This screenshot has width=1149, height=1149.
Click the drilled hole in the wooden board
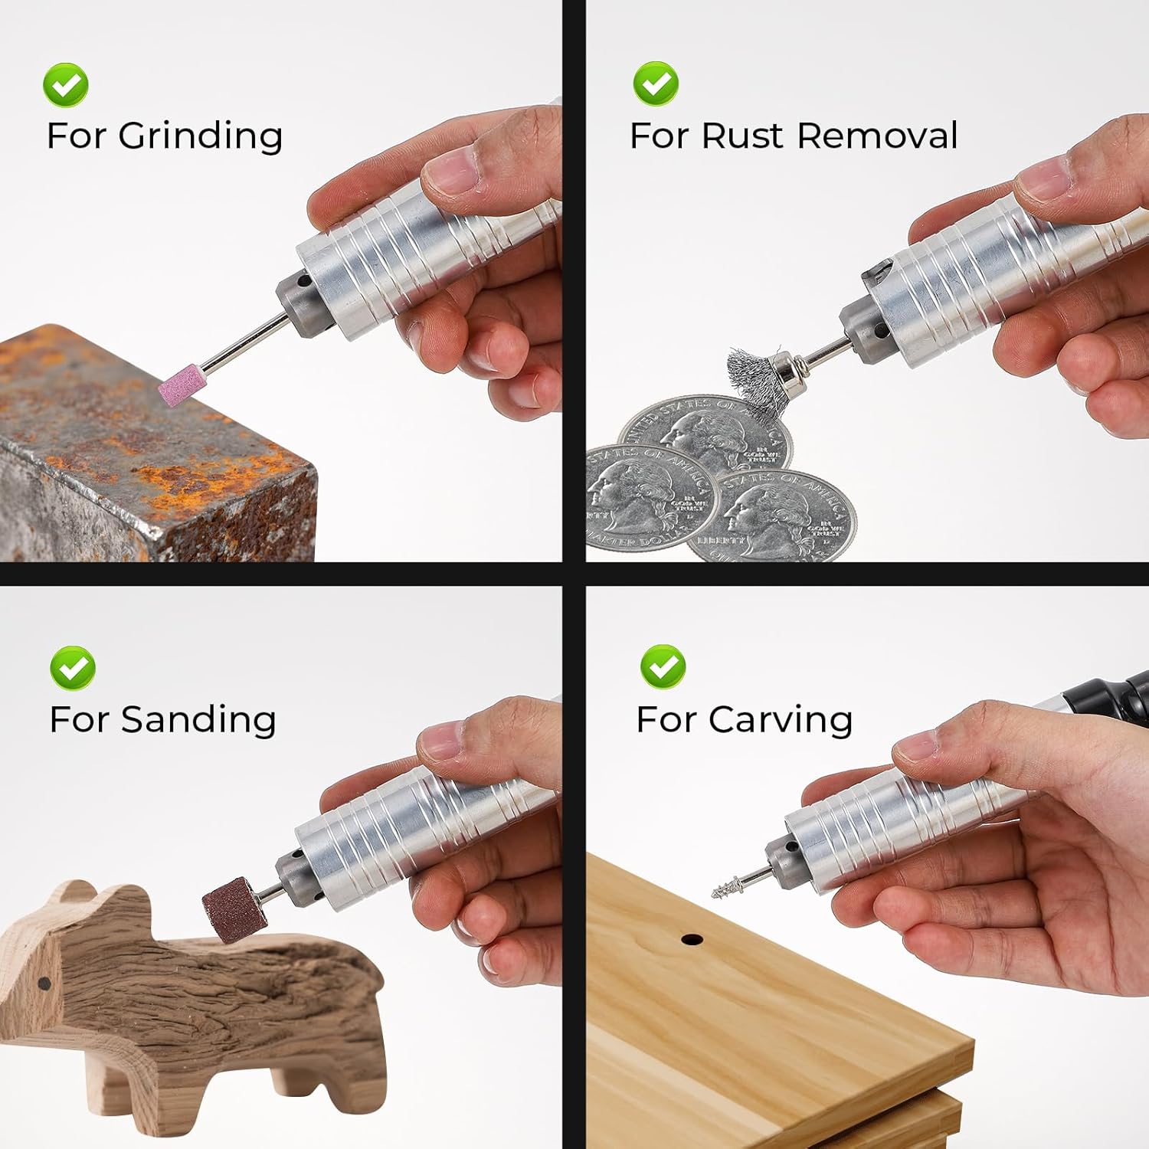pyautogui.click(x=692, y=939)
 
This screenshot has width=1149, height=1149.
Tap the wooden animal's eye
pyautogui.click(x=44, y=983)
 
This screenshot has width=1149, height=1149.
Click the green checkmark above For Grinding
pyautogui.click(x=66, y=85)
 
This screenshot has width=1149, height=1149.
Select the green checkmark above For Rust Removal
pyautogui.click(x=656, y=83)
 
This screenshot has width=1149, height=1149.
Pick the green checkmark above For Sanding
pyautogui.click(x=73, y=668)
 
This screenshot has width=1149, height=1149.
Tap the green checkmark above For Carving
pyautogui.click(x=663, y=666)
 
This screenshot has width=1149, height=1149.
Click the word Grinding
pyautogui.click(x=200, y=136)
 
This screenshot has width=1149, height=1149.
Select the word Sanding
pyautogui.click(x=198, y=720)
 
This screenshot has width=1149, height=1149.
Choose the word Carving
pyautogui.click(x=780, y=720)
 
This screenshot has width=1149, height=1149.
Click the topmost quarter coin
pyautogui.click(x=705, y=433)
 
